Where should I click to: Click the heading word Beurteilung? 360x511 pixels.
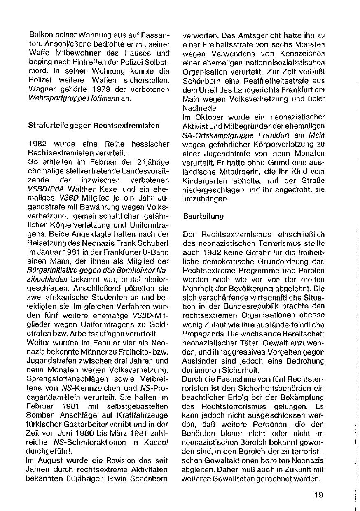point(203,216)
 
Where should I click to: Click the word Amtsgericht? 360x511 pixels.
point(248,36)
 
